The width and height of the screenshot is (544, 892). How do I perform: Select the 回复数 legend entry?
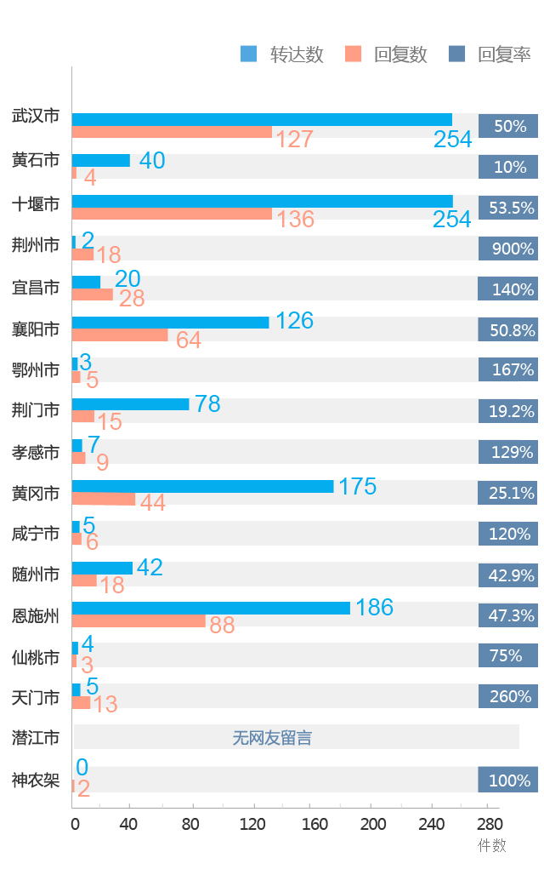(x=387, y=54)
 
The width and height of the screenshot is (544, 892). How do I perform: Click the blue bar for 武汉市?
(x=262, y=119)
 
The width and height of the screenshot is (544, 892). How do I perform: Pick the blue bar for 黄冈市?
(x=202, y=486)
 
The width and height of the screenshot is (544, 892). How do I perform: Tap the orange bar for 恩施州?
(x=139, y=621)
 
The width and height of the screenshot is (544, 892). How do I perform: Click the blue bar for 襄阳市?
(x=170, y=323)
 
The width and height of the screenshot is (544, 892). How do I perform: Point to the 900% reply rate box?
(x=508, y=249)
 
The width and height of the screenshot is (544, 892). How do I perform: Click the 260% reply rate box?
(x=508, y=696)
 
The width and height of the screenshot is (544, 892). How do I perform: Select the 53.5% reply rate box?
(x=508, y=208)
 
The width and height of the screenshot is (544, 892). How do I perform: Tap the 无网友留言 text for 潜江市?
(x=272, y=738)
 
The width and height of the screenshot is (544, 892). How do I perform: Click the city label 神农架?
(x=36, y=779)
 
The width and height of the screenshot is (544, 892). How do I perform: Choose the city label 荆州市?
(x=36, y=248)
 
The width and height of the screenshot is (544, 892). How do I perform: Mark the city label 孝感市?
(x=36, y=452)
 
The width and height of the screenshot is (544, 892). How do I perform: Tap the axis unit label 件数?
(x=491, y=845)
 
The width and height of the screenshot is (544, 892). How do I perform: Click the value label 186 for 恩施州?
(x=374, y=607)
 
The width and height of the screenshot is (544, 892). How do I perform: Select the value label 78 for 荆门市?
(x=207, y=403)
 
